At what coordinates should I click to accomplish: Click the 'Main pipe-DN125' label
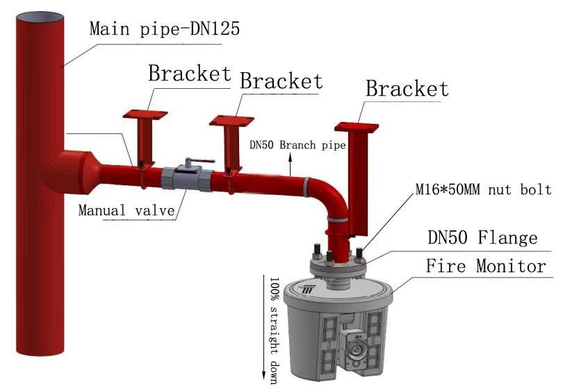165,28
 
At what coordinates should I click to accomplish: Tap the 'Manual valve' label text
126,210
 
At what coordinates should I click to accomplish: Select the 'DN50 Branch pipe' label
297,145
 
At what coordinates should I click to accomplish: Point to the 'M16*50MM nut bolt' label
483,189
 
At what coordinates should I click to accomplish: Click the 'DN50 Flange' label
482,237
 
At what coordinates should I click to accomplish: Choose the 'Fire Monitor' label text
486,266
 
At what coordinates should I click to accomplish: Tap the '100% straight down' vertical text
275,330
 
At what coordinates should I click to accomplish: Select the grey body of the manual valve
187,178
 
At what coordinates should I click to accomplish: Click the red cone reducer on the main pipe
70,173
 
